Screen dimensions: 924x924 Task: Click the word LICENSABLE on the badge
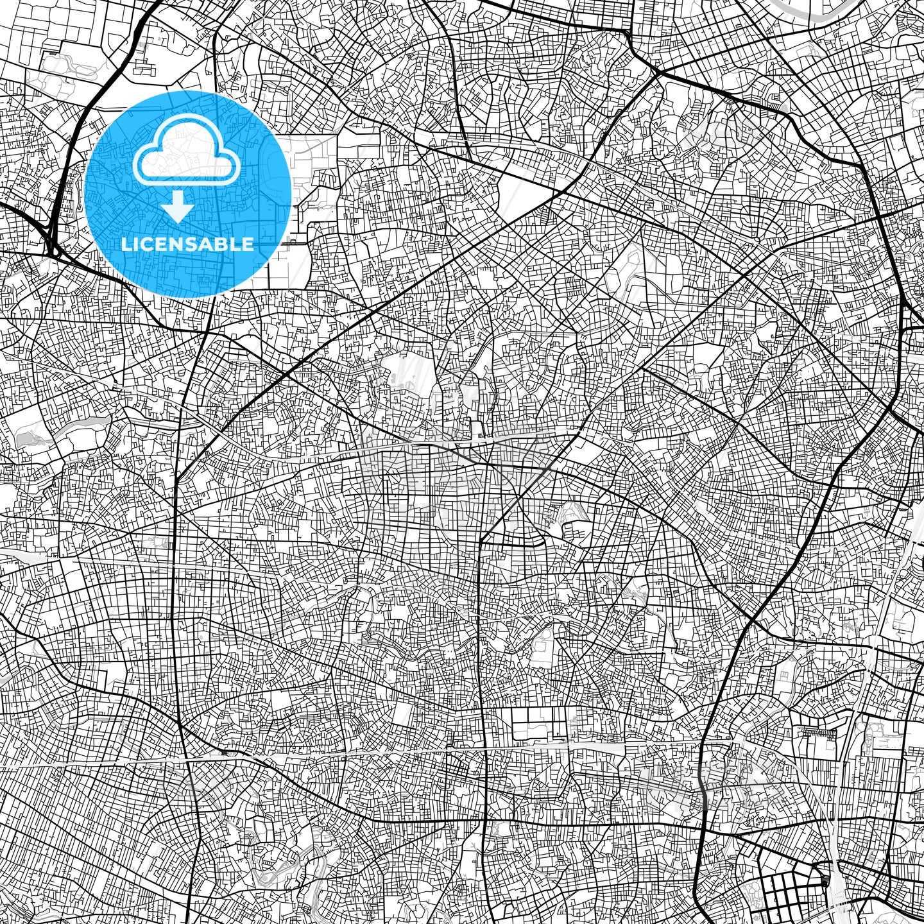[187, 244]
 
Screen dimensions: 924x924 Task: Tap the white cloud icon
[186, 154]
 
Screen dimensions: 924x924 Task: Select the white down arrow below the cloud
[178, 208]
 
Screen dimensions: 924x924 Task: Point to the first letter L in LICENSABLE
[126, 244]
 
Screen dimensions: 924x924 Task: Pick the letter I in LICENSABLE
[136, 244]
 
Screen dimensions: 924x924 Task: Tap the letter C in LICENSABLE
[147, 244]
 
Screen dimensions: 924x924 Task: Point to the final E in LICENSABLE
[246, 244]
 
